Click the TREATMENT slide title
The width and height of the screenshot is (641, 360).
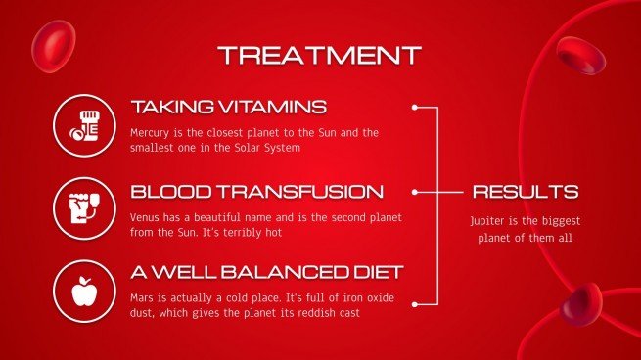coord(319,55)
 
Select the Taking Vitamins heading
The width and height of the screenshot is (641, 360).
coord(228,107)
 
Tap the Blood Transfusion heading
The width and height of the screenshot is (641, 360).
coord(256,191)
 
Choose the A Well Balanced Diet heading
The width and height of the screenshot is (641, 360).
coord(267,271)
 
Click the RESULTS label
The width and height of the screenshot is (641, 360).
coord(526,192)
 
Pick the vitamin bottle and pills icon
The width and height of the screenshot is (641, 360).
coord(83,124)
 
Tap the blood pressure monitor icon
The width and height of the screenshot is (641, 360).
coord(83,206)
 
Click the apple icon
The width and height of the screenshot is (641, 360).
coord(83,290)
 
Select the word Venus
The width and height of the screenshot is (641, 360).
coord(146,216)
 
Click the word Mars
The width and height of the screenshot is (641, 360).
coord(143,295)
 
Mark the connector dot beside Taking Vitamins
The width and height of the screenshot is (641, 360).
coord(415,107)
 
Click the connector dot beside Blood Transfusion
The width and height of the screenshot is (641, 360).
coord(415,192)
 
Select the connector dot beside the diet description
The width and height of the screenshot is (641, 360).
coord(415,303)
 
